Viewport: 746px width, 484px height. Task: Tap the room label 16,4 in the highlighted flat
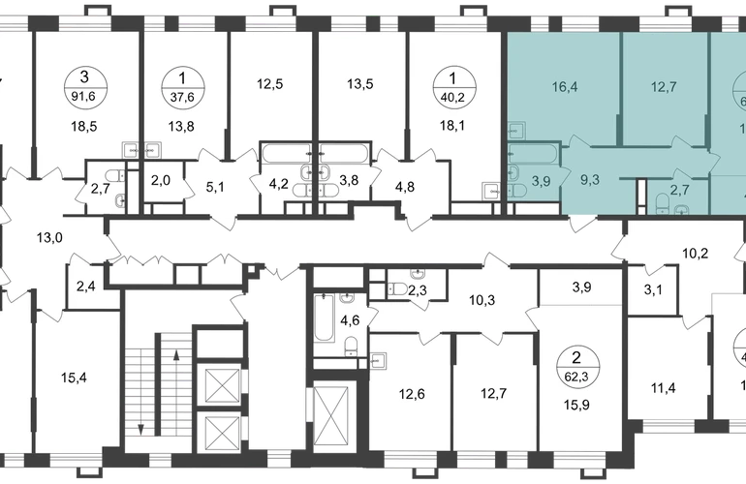pyautogui.click(x=565, y=87)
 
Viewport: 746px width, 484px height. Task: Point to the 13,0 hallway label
pyautogui.click(x=49, y=237)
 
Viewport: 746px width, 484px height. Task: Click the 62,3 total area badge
pyautogui.click(x=578, y=367)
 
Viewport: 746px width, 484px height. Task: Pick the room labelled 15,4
pyautogui.click(x=74, y=378)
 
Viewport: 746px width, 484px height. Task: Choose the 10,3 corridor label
pyautogui.click(x=482, y=300)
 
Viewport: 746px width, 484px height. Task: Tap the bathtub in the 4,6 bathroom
pyautogui.click(x=324, y=318)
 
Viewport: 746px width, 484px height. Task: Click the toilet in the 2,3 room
pyautogui.click(x=396, y=288)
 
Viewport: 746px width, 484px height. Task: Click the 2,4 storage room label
pyautogui.click(x=86, y=287)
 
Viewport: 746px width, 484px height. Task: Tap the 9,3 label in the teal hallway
pyautogui.click(x=589, y=180)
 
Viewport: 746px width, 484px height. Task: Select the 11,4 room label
pyautogui.click(x=664, y=388)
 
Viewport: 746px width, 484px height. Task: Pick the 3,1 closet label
pyautogui.click(x=653, y=289)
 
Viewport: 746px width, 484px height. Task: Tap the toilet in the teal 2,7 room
pyautogui.click(x=663, y=202)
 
